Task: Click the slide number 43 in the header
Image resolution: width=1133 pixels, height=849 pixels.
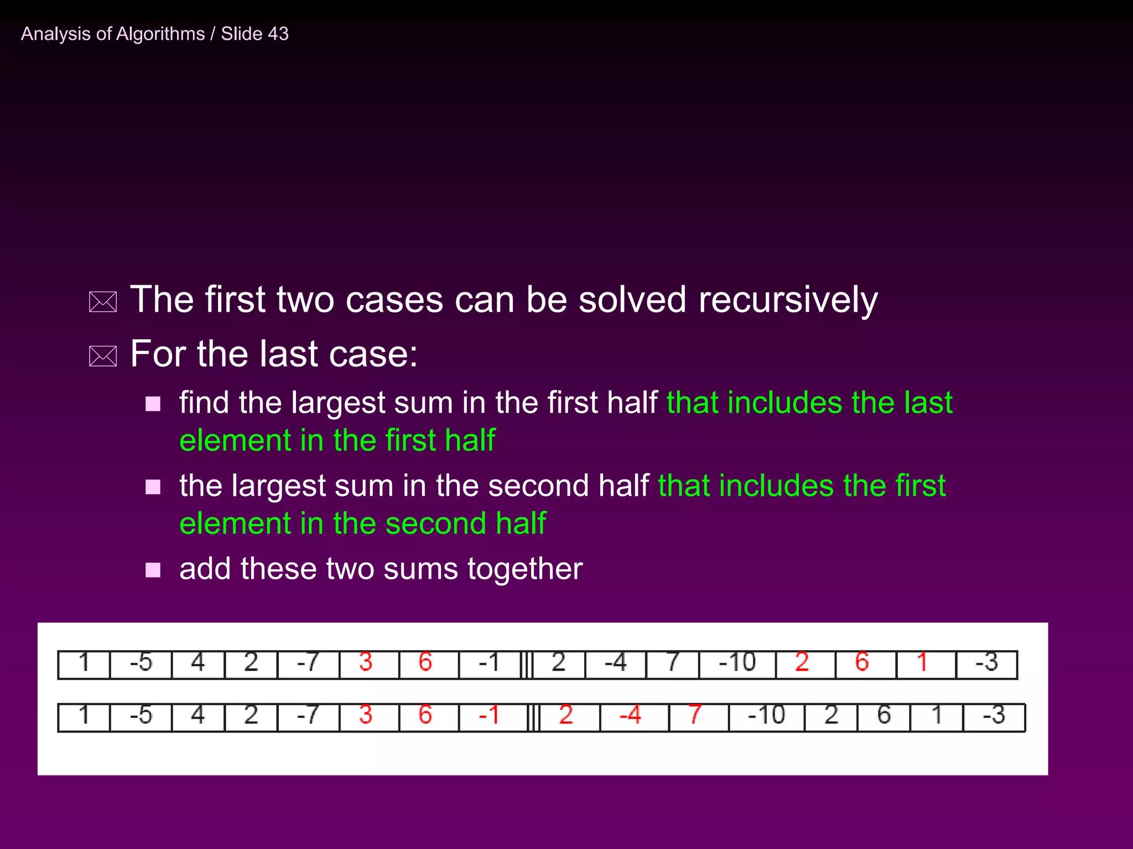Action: point(278,34)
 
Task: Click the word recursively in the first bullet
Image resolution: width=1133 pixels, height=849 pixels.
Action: point(788,300)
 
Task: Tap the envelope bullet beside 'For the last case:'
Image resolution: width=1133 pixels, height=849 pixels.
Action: point(103,357)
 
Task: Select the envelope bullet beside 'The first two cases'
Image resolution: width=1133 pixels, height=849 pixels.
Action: point(103,302)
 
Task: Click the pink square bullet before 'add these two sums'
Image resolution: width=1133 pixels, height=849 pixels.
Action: point(153,570)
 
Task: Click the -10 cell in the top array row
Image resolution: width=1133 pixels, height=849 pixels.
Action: point(737,663)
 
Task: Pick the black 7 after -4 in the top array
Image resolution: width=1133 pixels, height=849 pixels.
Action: point(672,663)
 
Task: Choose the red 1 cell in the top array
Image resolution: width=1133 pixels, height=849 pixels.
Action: point(922,663)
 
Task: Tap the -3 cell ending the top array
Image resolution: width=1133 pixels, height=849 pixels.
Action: point(987,663)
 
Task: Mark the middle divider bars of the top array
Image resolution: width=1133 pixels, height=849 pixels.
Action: point(527,664)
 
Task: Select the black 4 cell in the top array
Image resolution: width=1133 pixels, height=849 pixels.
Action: point(198,663)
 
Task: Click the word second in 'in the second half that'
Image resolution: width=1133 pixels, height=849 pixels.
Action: point(538,486)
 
